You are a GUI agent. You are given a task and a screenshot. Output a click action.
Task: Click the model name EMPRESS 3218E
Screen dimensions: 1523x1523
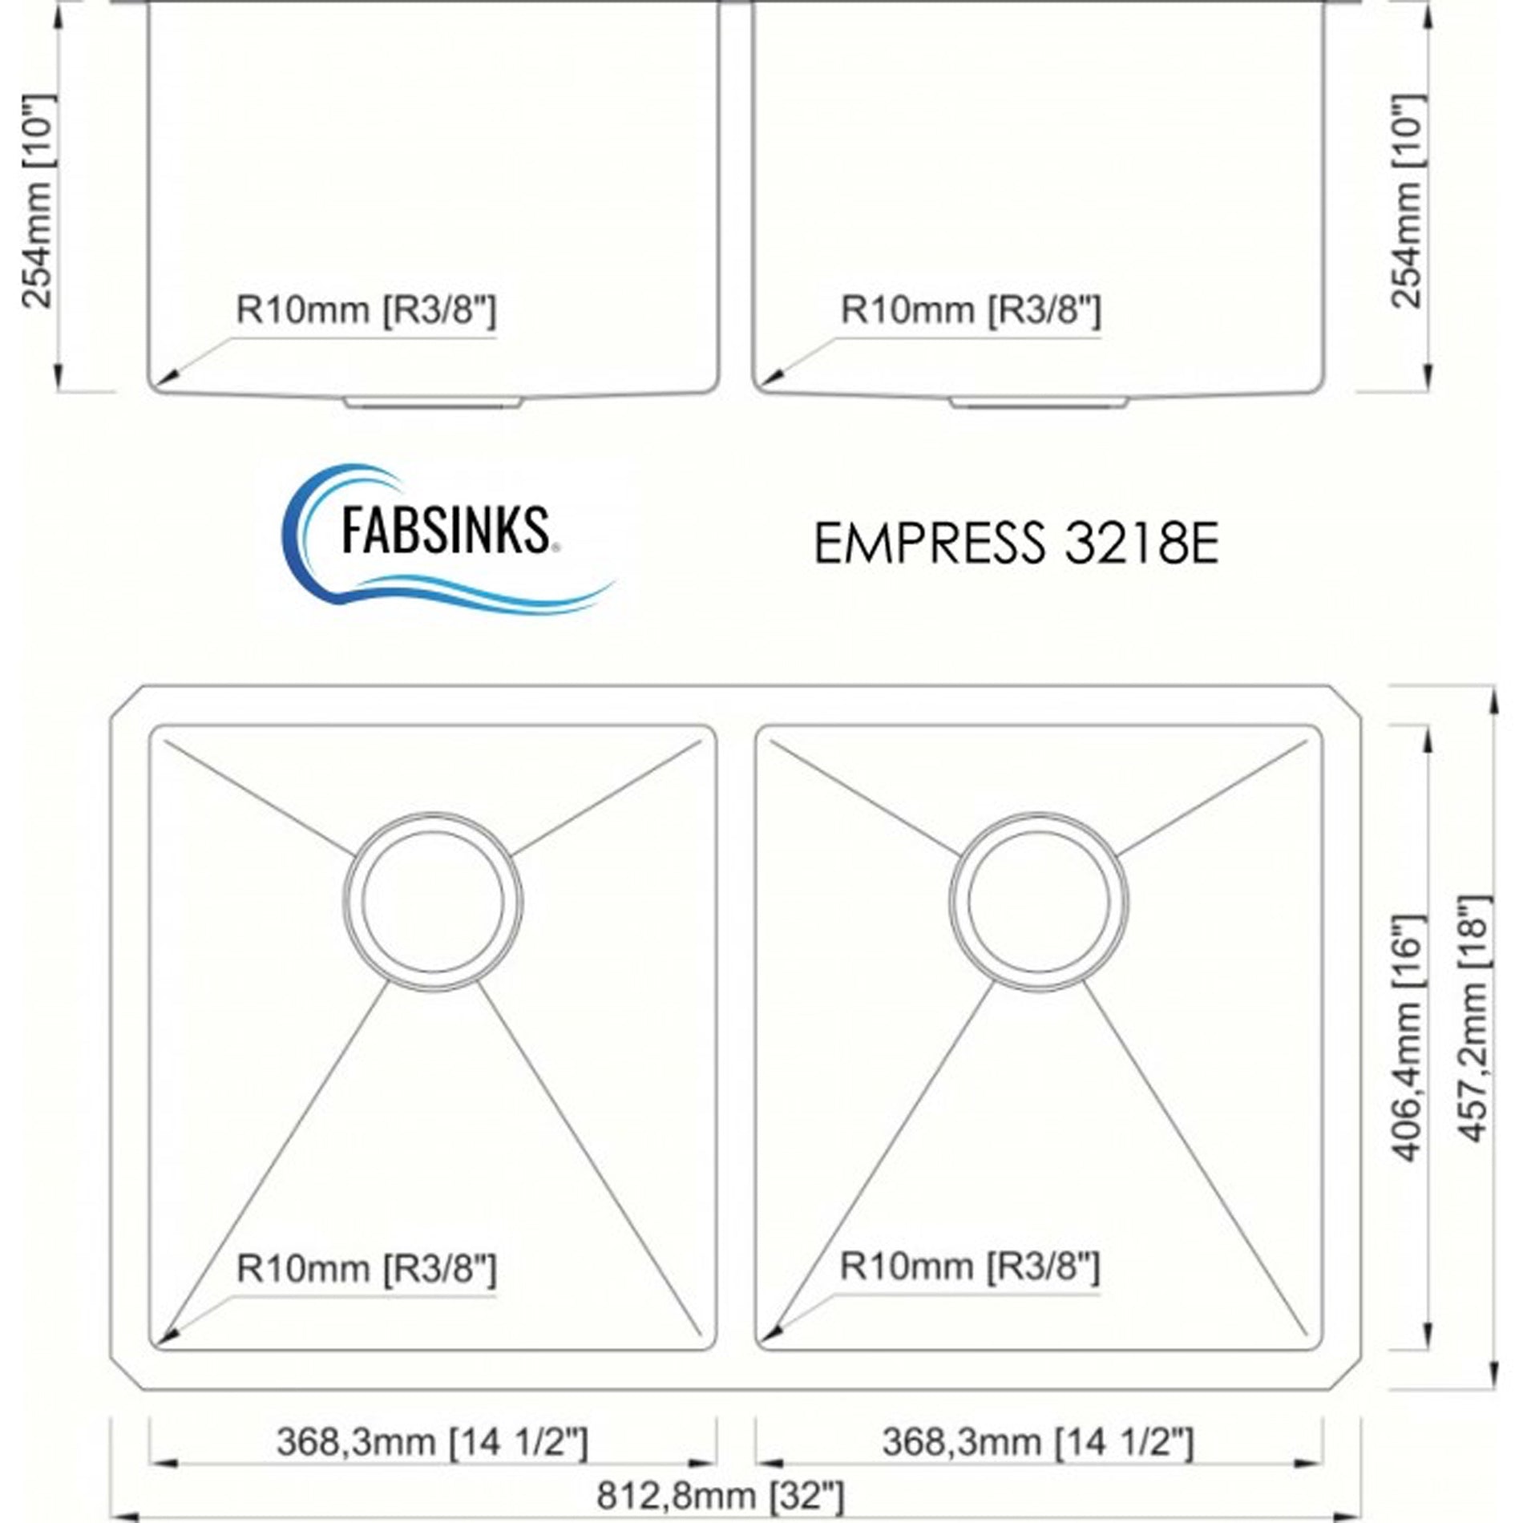point(1016,543)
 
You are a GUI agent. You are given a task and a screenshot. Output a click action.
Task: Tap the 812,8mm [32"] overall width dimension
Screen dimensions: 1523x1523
point(719,1494)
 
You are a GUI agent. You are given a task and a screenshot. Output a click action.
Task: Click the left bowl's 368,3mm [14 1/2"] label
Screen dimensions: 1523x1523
point(432,1441)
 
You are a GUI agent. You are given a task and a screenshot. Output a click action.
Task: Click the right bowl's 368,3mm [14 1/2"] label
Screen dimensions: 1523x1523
point(1037,1441)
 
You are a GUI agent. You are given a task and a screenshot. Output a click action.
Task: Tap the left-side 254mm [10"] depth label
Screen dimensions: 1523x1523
point(38,200)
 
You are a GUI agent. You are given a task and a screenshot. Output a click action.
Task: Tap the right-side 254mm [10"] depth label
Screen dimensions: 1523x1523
point(1408,200)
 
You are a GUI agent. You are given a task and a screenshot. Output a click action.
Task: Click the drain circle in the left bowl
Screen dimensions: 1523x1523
point(433,900)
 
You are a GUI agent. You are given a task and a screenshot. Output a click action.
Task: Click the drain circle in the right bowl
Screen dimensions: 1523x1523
point(1039,900)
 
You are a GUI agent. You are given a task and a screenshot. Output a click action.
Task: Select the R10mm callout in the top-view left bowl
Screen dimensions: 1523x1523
point(366,1268)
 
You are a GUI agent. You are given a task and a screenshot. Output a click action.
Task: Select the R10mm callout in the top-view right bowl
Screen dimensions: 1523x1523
point(969,1266)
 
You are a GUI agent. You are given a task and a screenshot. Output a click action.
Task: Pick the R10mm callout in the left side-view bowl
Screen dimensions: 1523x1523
point(366,309)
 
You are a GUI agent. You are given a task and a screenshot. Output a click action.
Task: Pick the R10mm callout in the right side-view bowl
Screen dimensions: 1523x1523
point(971,309)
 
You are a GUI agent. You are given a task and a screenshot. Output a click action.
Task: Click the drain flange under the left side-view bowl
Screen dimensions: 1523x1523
point(433,402)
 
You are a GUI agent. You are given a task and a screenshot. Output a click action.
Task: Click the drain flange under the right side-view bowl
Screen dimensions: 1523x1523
point(1039,402)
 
